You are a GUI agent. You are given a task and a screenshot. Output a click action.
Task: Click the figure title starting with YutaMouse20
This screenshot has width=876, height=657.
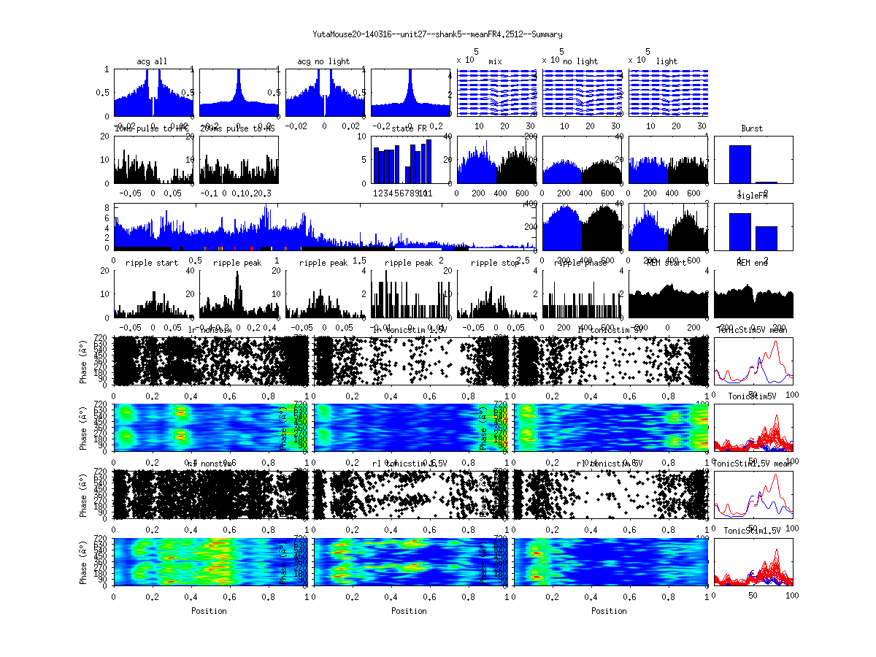click(437, 34)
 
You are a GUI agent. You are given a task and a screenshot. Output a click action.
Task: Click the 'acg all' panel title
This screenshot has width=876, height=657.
click(153, 61)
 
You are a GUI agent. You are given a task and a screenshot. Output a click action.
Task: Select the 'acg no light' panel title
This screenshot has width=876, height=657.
click(323, 61)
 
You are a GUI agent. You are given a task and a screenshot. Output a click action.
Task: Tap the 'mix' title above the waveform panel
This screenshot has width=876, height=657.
click(496, 61)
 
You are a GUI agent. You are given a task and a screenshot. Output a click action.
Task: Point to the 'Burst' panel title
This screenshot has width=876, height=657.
click(752, 128)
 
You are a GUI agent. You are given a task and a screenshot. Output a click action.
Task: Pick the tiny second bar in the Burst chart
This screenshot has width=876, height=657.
click(766, 182)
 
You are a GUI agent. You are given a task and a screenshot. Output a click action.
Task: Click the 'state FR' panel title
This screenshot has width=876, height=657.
click(409, 128)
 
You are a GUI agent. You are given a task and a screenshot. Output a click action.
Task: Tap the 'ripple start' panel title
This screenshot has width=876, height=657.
click(152, 262)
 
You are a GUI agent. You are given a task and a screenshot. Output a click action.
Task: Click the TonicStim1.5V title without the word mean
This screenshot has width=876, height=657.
click(752, 530)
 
